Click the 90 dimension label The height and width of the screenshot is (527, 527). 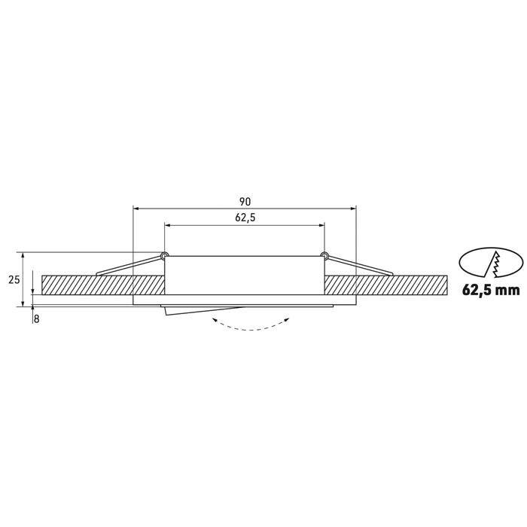coord(245,202)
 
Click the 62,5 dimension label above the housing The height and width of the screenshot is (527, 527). coord(245,218)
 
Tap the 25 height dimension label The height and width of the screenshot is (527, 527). coord(14,279)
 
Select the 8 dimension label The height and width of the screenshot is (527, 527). coord(37,319)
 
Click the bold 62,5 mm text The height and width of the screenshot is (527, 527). coord(491,289)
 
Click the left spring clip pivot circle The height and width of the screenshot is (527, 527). coord(164,255)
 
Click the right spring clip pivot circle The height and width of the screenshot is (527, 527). coord(324,255)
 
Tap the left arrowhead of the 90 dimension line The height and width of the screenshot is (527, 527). coord(136,209)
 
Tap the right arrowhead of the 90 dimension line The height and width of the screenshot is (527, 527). coord(353,209)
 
